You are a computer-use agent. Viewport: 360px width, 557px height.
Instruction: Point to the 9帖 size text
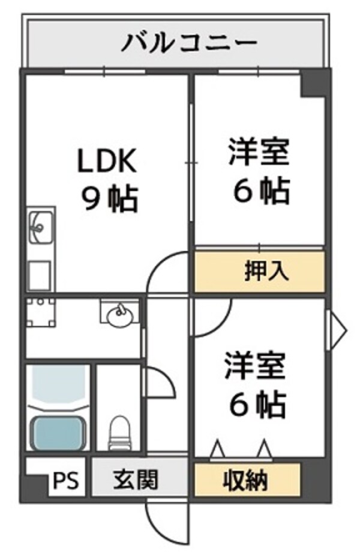tap(110, 200)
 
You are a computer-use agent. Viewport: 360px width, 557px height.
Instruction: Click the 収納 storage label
tap(246, 480)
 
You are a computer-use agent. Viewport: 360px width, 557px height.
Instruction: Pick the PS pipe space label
tap(67, 481)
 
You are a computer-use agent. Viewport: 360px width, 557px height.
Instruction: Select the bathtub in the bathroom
tap(57, 431)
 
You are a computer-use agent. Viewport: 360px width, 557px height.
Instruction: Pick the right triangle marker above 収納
tap(264, 449)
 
